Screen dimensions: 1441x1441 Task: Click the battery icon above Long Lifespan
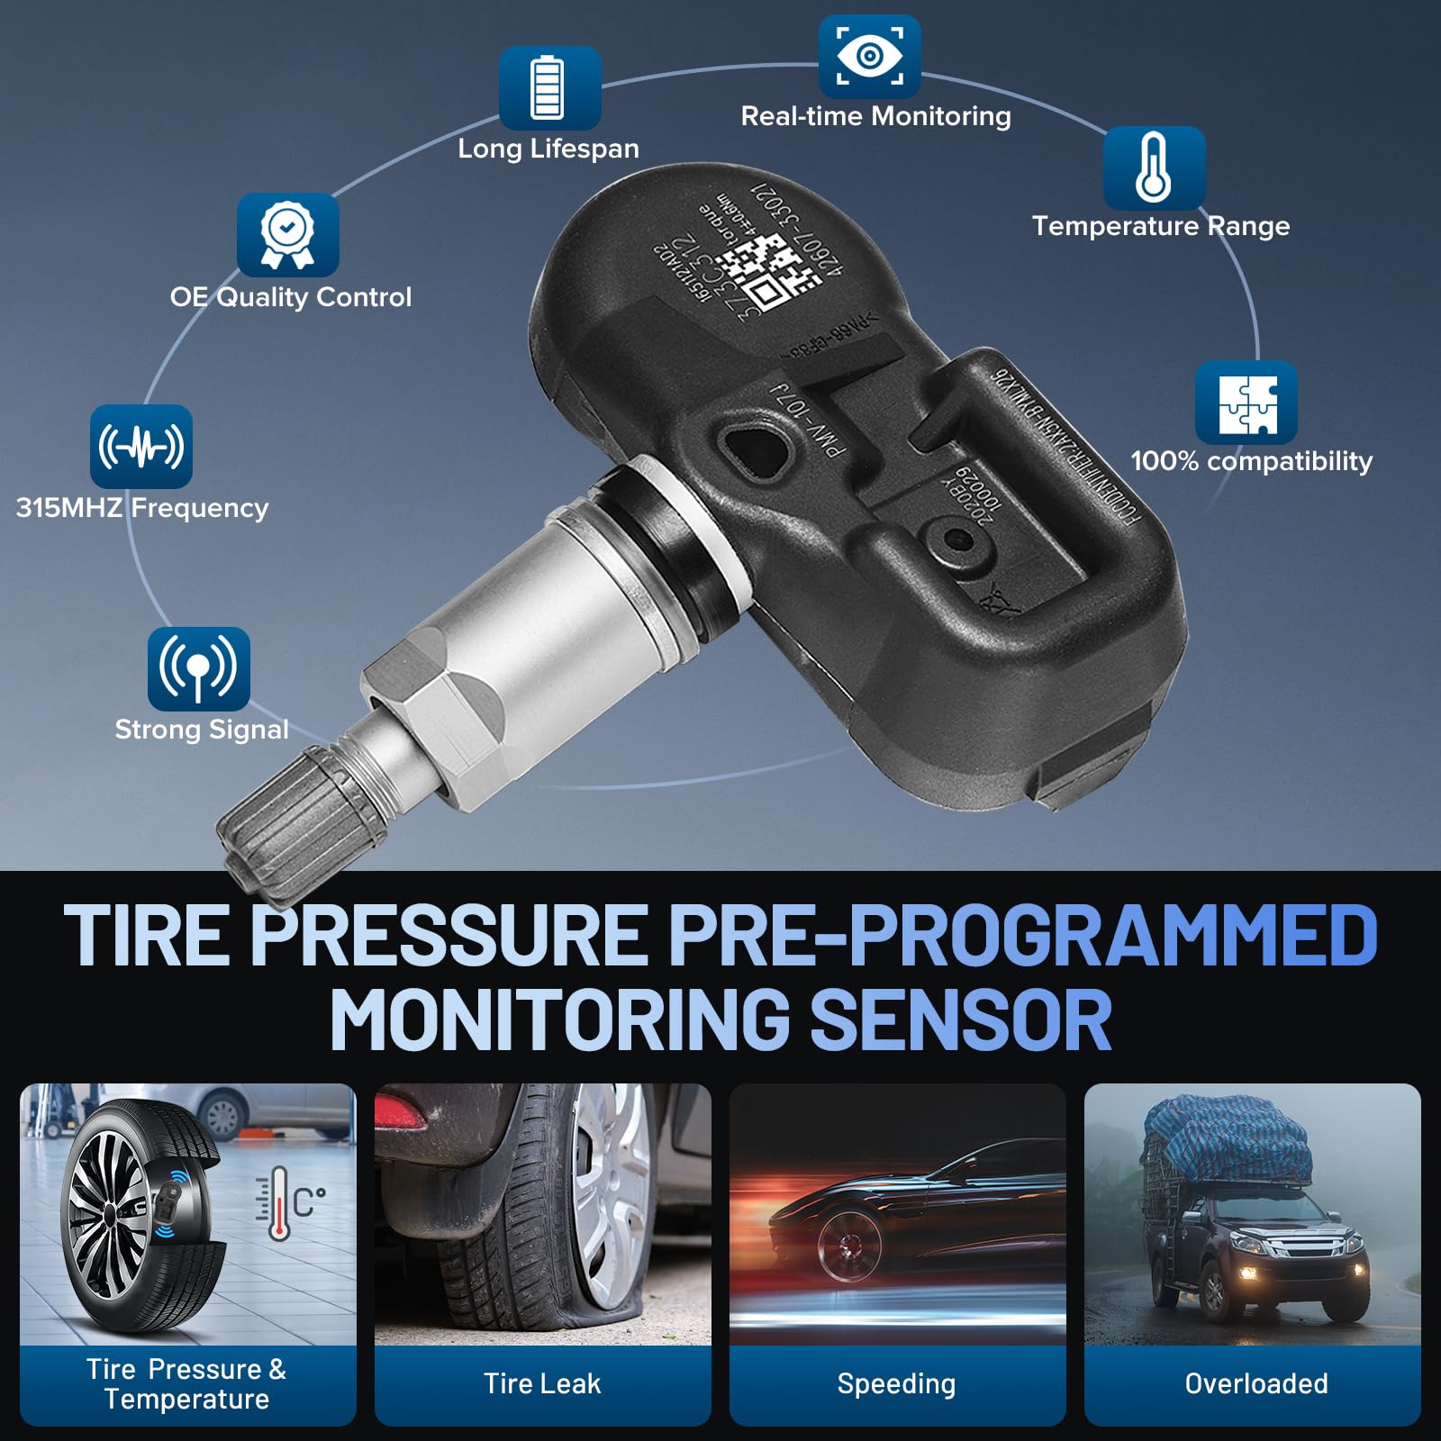click(x=549, y=87)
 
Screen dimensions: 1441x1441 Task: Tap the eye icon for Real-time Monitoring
click(x=869, y=57)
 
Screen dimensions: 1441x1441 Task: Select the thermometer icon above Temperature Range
click(x=1154, y=168)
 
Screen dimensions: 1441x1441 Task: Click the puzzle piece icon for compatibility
click(x=1246, y=403)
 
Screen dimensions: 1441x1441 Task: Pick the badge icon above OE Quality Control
click(x=287, y=235)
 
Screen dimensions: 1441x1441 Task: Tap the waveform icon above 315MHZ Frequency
click(x=141, y=446)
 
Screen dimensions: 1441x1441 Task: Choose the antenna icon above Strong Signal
click(x=198, y=668)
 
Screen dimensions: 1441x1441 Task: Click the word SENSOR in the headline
click(x=961, y=1020)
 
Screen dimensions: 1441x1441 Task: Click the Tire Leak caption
click(x=542, y=1383)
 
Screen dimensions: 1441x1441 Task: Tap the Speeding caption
click(x=896, y=1383)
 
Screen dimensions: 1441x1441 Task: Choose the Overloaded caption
click(x=1255, y=1383)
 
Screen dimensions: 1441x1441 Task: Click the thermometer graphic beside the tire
click(x=279, y=1203)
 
